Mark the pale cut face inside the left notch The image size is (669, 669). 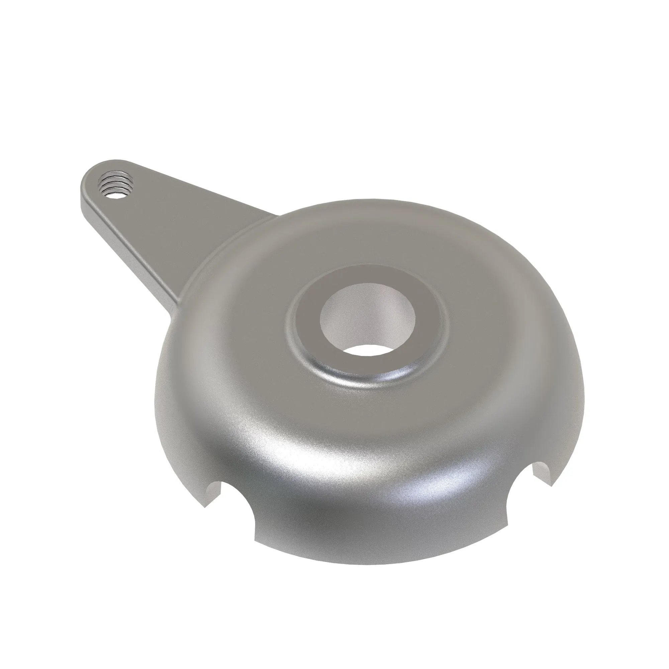coord(213,493)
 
